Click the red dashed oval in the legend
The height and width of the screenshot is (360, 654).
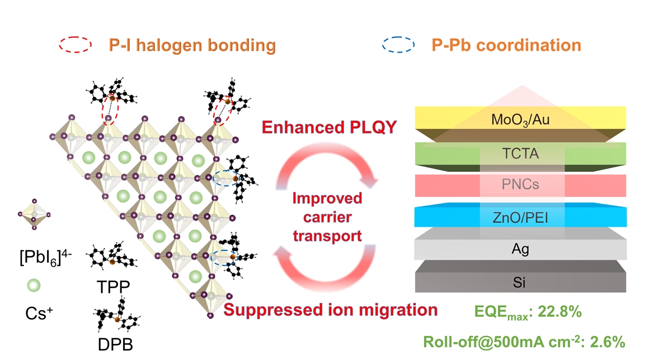click(x=74, y=45)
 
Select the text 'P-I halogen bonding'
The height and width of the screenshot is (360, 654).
click(x=192, y=45)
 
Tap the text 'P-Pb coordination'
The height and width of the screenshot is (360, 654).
click(x=506, y=45)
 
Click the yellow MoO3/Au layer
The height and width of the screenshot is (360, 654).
click(x=520, y=119)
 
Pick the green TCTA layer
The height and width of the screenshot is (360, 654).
click(x=520, y=153)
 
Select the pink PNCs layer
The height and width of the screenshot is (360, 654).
click(x=520, y=185)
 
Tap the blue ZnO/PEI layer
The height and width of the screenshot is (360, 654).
click(x=520, y=216)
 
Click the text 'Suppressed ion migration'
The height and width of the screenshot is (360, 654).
click(x=331, y=310)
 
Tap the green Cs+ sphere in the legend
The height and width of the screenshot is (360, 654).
click(x=33, y=286)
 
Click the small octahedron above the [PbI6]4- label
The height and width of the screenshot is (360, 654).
click(x=34, y=213)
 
